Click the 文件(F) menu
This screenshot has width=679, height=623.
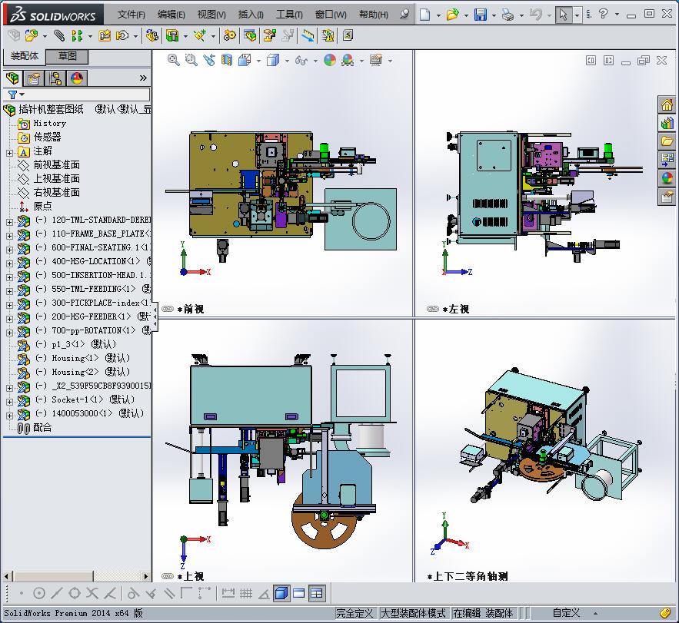pyautogui.click(x=131, y=15)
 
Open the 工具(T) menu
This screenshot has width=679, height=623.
pyautogui.click(x=289, y=15)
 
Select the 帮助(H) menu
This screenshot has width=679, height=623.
pyautogui.click(x=374, y=15)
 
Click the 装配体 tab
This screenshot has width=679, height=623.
pyautogui.click(x=25, y=56)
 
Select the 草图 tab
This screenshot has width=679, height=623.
pyautogui.click(x=68, y=56)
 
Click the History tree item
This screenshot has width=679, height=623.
pyautogui.click(x=49, y=123)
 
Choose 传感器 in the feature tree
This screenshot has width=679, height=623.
pyautogui.click(x=47, y=137)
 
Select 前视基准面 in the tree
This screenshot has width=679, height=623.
pyautogui.click(x=56, y=164)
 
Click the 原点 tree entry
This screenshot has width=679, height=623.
pyautogui.click(x=42, y=206)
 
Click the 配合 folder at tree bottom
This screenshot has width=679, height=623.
pyautogui.click(x=42, y=427)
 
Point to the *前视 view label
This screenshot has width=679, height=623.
pyautogui.click(x=191, y=309)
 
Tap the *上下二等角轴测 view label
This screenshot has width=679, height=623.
pyautogui.click(x=467, y=576)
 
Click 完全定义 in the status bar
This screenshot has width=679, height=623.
pyautogui.click(x=354, y=613)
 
